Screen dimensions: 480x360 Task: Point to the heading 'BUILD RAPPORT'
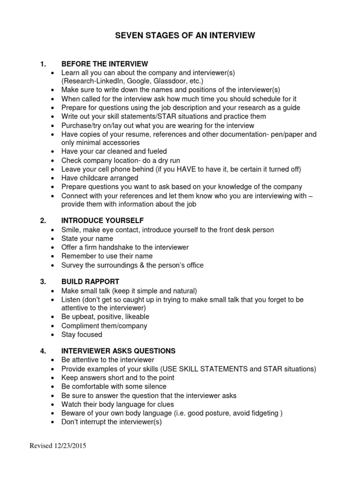pos(90,281)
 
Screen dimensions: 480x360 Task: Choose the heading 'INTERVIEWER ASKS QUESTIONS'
pos(118,351)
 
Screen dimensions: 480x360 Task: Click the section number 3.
pos(43,281)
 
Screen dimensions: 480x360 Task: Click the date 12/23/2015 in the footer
pos(70,446)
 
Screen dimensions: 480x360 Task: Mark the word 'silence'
pos(155,386)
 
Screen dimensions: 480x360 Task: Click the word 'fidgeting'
pos(262,412)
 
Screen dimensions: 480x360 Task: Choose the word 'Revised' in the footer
pos(39,446)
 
